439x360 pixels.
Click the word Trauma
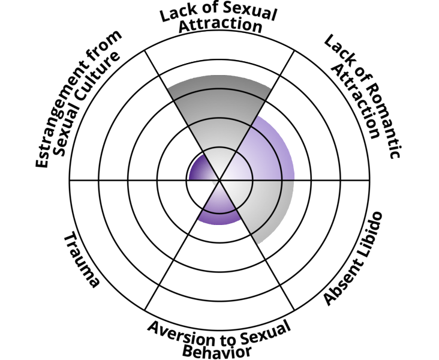(80, 260)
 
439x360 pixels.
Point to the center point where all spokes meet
(220, 180)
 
